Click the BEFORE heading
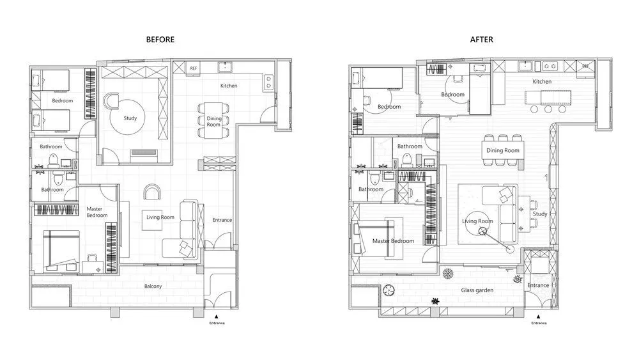point(160,40)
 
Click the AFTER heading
point(481,40)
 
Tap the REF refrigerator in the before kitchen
point(193,68)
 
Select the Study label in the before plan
point(130,118)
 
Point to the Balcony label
point(153,286)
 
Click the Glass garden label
point(477,290)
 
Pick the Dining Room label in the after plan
point(502,150)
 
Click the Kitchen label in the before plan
point(229,86)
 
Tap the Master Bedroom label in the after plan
point(393,241)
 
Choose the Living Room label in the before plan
point(160,217)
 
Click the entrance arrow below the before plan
point(217,317)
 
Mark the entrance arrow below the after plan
point(538,317)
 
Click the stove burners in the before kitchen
point(268,82)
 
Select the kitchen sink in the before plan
point(224,67)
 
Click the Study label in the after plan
point(540,214)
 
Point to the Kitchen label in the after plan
point(542,82)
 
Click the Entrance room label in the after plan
point(538,285)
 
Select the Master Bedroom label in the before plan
point(97,212)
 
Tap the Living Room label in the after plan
point(477,221)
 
